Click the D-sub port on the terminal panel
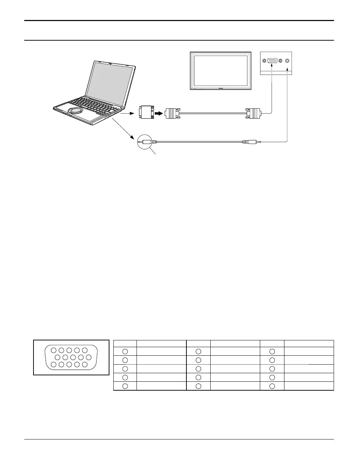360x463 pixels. pyautogui.click(x=273, y=61)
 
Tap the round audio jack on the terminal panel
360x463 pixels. pyautogui.click(x=287, y=61)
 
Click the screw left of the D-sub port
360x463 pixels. pyautogui.click(x=264, y=61)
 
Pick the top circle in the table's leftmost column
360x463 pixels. pyautogui.click(x=125, y=351)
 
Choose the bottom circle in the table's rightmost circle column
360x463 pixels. pyautogui.click(x=272, y=386)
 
